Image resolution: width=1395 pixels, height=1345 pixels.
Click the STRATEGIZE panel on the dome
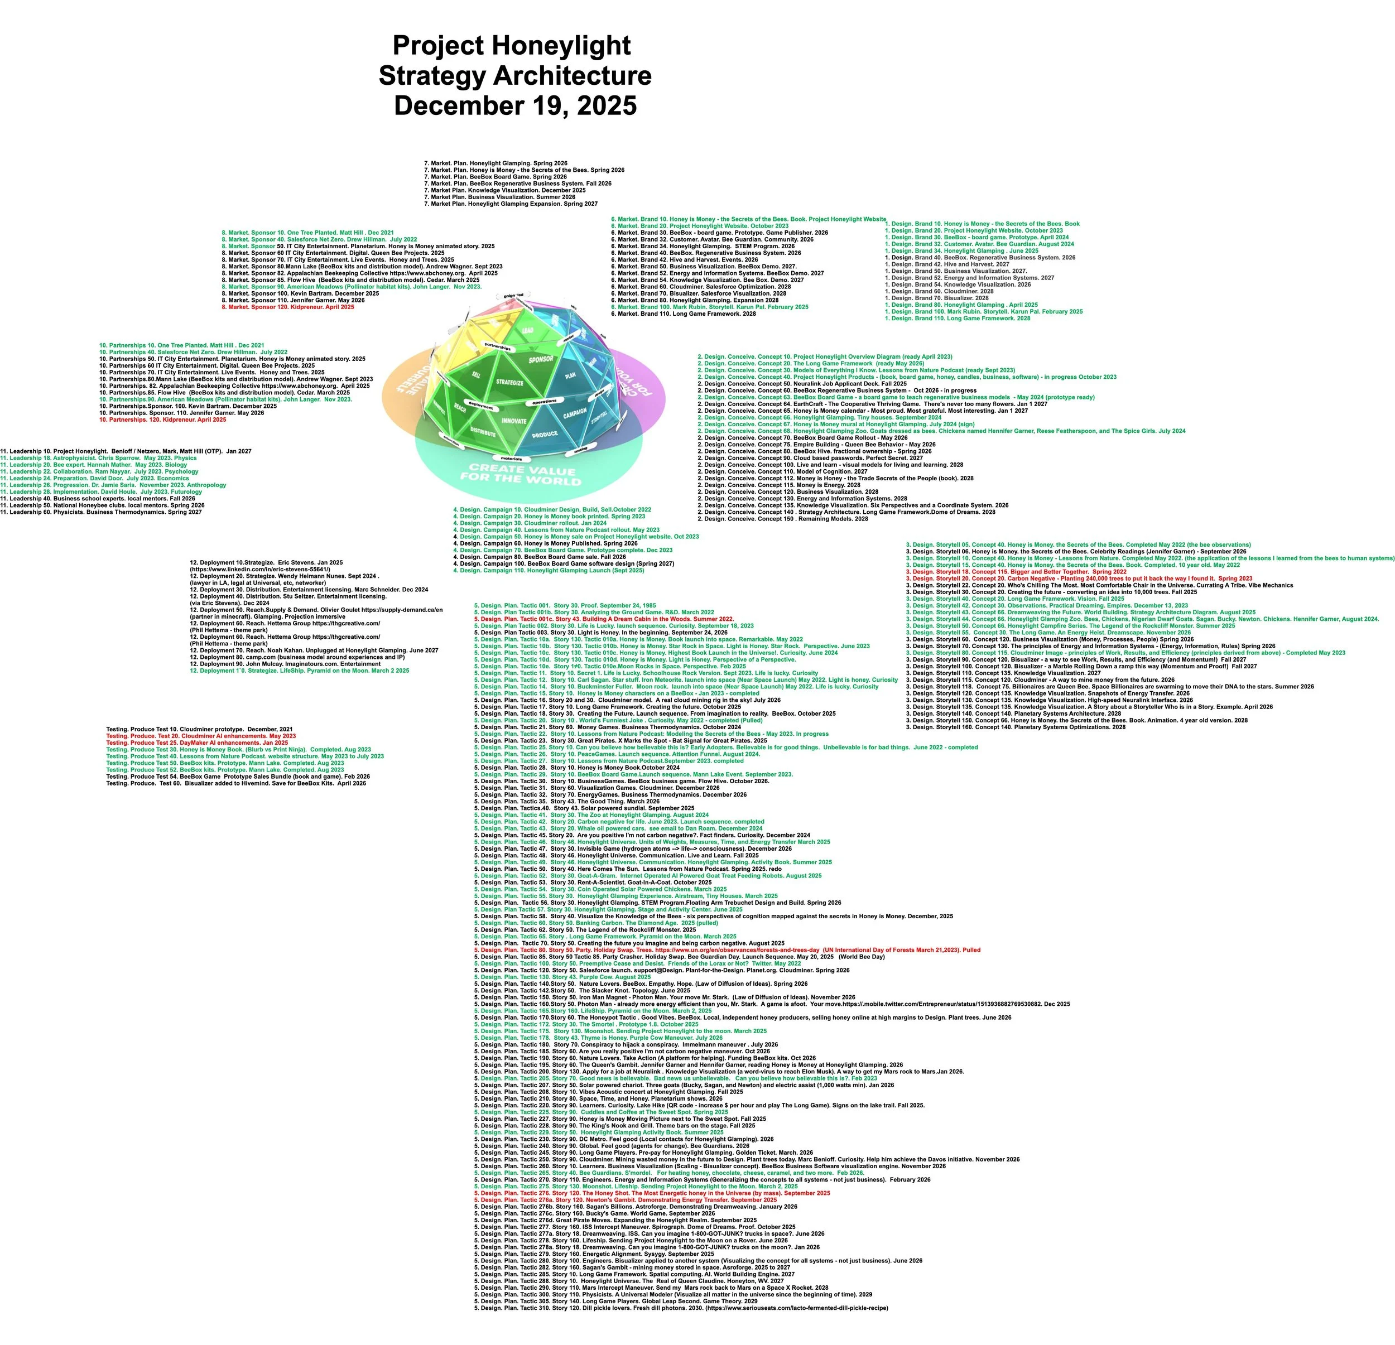point(509,382)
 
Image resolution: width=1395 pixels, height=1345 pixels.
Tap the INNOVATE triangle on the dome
point(514,421)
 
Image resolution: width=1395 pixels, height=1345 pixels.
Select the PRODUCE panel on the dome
point(545,433)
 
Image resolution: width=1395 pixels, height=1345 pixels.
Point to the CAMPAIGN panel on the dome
point(575,412)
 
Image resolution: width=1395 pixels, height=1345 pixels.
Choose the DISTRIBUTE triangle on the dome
point(483,432)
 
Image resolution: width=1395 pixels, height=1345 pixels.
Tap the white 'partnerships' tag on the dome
point(498,346)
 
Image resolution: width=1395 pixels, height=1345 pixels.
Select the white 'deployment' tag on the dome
point(480,406)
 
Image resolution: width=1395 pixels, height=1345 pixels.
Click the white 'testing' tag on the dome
point(581,449)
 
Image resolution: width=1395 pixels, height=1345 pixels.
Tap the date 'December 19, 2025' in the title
point(514,105)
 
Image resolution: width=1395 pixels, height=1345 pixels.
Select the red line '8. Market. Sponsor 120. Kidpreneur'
point(288,307)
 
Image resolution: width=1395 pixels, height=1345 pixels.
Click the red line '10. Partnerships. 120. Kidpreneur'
point(162,420)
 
